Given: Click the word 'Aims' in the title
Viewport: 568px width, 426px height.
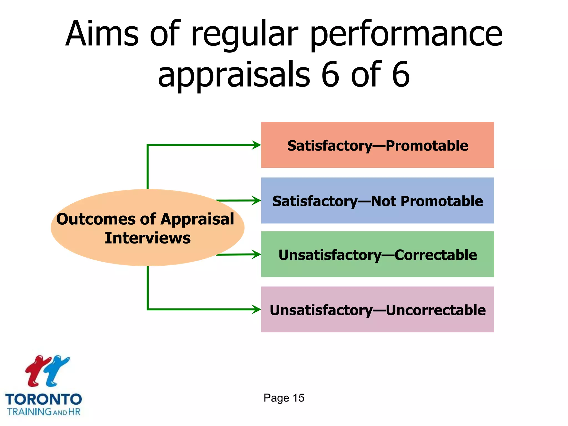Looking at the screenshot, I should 102,34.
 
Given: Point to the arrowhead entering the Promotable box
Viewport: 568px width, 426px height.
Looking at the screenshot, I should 257,145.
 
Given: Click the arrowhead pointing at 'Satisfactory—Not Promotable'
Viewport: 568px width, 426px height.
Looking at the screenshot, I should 257,200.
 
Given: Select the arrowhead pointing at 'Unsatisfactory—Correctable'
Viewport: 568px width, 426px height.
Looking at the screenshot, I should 257,254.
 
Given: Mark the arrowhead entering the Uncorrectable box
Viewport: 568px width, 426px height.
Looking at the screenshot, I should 257,309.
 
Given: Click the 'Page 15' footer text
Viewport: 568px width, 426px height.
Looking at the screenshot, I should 284,398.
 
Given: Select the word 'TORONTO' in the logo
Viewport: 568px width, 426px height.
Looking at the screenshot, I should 44,399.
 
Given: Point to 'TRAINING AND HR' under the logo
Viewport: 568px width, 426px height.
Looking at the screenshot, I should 44,412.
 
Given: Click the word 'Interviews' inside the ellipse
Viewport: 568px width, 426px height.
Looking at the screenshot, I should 148,238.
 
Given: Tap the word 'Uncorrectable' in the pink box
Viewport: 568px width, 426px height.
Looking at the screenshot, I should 435,310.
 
